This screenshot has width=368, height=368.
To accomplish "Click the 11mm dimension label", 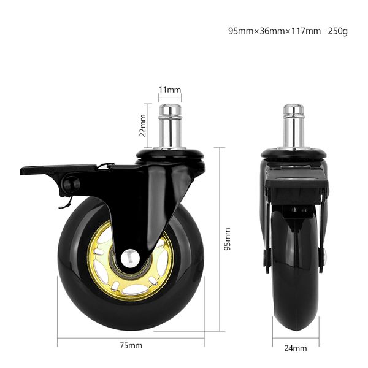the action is pos(170,90).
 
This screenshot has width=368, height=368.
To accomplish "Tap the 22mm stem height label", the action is pos(142,125).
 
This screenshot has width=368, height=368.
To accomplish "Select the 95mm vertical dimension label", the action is pos(227,239).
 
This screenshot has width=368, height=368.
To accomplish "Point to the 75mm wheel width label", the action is pos(131,346).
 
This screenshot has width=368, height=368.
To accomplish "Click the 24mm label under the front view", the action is pos(296,348).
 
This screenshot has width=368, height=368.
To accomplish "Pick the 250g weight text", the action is pos(338,31).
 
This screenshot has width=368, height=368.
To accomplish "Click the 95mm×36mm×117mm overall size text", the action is pos(274,31).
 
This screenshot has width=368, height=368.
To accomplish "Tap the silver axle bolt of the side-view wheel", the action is pos(130,258).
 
